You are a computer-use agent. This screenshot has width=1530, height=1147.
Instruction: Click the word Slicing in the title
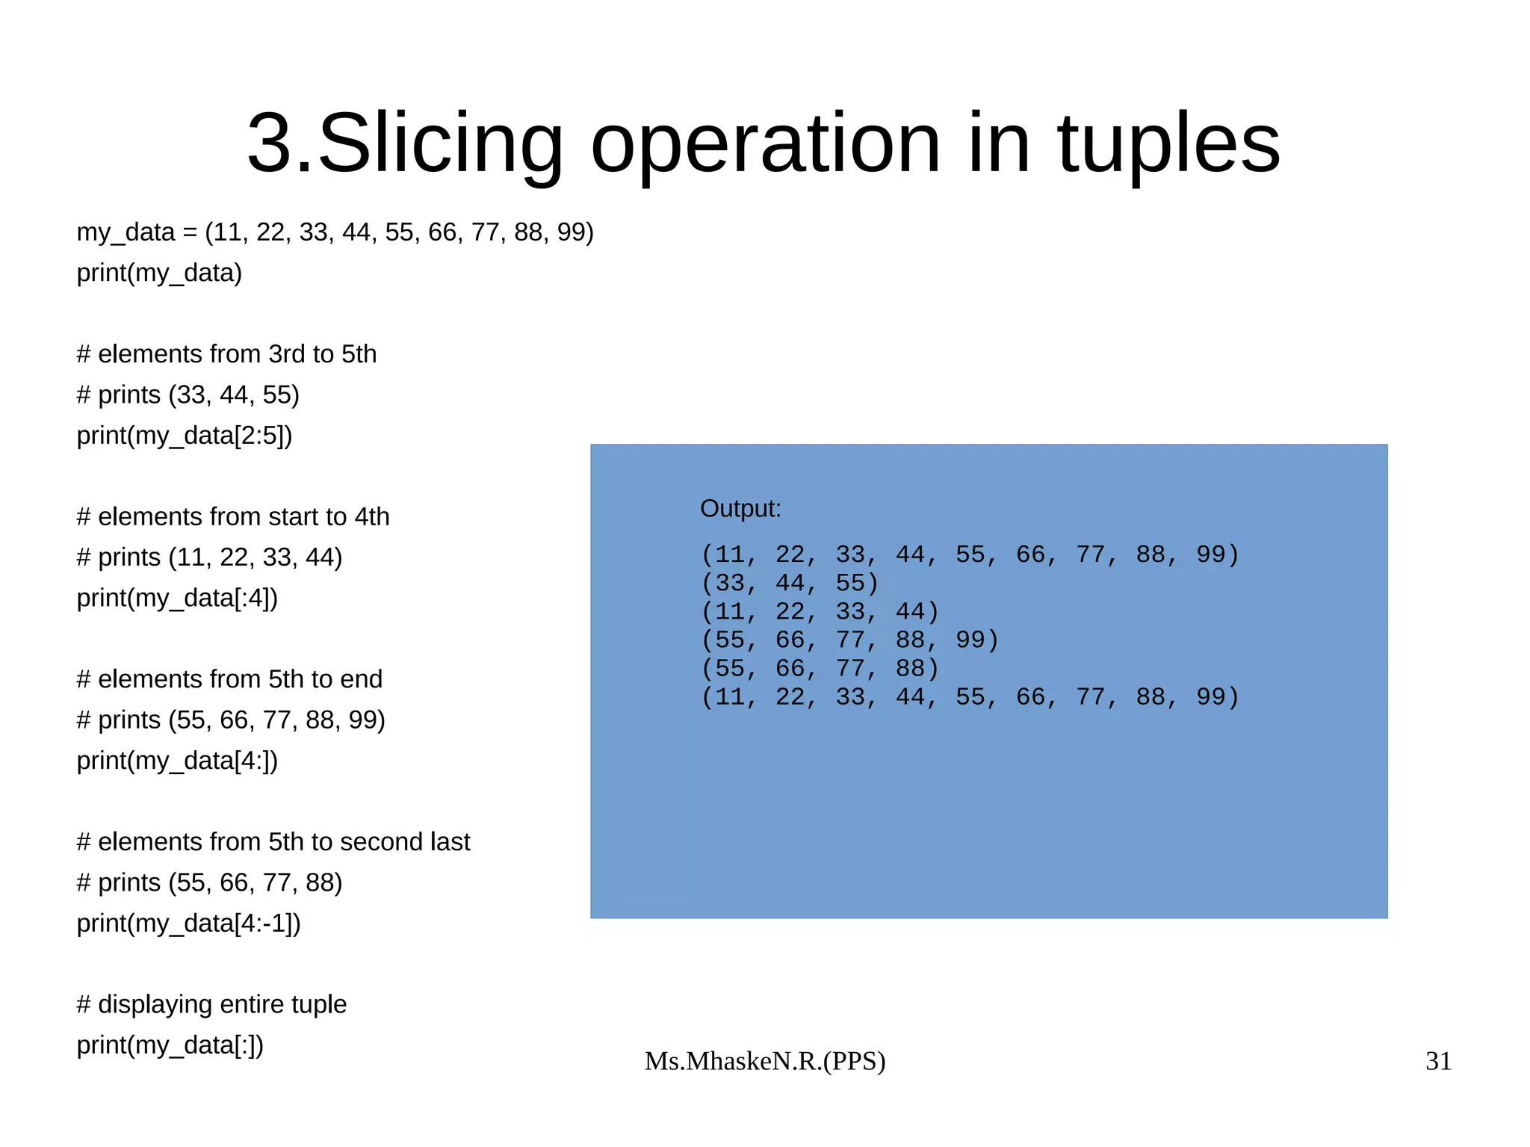point(440,143)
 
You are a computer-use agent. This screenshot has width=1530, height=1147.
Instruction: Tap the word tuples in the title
point(1168,143)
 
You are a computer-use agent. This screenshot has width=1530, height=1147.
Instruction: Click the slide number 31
point(1438,1061)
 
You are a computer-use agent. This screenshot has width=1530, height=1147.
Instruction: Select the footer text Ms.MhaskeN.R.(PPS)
point(765,1061)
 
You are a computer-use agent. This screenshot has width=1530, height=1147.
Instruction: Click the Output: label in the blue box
point(740,509)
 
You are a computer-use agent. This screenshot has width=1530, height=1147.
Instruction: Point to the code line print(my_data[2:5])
point(185,435)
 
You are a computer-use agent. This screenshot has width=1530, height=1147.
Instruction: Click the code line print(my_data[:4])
point(177,598)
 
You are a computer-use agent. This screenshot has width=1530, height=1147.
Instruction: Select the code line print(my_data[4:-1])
point(188,924)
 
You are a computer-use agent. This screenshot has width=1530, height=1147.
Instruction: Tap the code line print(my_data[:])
point(170,1045)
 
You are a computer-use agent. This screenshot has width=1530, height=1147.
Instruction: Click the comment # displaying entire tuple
point(211,1004)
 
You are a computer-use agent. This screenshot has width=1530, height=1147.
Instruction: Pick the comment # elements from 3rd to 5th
point(226,354)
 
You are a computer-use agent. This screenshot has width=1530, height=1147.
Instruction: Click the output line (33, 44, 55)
point(789,583)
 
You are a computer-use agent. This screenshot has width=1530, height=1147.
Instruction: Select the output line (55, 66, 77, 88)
point(819,668)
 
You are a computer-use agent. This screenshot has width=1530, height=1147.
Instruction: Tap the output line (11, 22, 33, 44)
point(819,611)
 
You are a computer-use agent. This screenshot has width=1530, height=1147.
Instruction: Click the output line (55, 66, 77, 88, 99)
point(849,640)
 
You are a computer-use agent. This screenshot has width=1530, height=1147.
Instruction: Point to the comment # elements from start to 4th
point(233,517)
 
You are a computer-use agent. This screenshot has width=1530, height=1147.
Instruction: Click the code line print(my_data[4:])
point(177,761)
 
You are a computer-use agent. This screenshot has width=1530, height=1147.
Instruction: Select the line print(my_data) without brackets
point(159,273)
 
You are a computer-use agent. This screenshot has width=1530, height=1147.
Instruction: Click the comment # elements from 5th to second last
point(273,842)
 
